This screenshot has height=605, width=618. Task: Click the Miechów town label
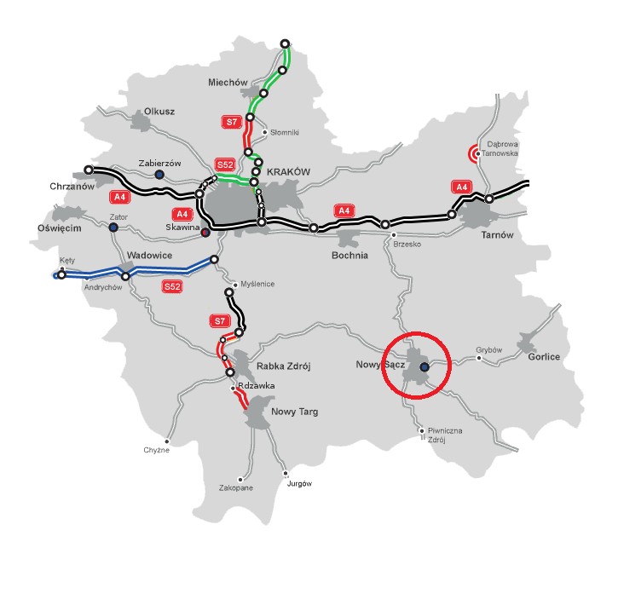pyautogui.click(x=226, y=82)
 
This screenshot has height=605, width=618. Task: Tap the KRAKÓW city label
pyautogui.click(x=288, y=171)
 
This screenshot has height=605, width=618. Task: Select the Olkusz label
pyautogui.click(x=159, y=112)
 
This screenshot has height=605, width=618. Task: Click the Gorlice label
pyautogui.click(x=544, y=357)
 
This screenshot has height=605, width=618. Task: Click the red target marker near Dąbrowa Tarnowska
pyautogui.click(x=475, y=153)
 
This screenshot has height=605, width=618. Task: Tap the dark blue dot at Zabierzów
pyautogui.click(x=159, y=175)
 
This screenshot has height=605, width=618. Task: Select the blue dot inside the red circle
pyautogui.click(x=425, y=367)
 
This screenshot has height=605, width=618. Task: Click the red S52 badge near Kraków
pyautogui.click(x=225, y=164)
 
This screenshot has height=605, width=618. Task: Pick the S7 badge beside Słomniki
pyautogui.click(x=231, y=122)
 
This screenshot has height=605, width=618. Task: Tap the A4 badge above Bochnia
pyautogui.click(x=344, y=210)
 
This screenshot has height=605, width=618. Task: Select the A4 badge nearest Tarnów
pyautogui.click(x=461, y=187)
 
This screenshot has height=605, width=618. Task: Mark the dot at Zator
pyautogui.click(x=113, y=228)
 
